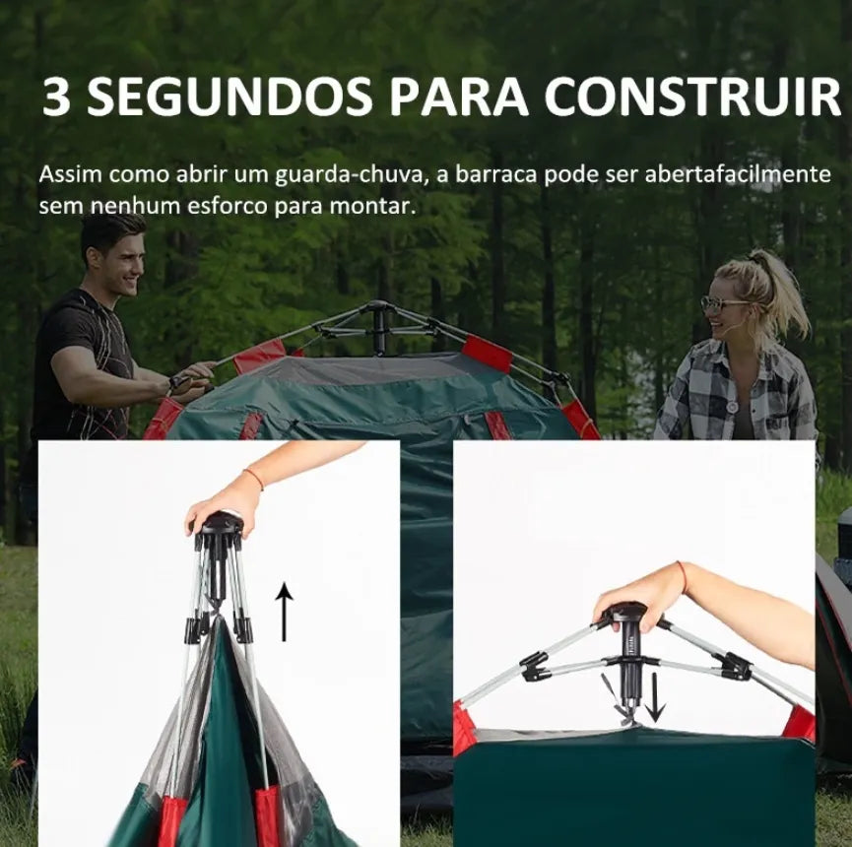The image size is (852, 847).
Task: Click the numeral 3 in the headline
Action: point(56,97)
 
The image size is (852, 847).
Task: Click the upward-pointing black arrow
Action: point(284,612)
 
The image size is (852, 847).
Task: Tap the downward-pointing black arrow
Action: point(656,697)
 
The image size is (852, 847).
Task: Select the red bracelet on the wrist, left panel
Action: point(254,478)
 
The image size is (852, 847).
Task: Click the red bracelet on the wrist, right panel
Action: point(683,577)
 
